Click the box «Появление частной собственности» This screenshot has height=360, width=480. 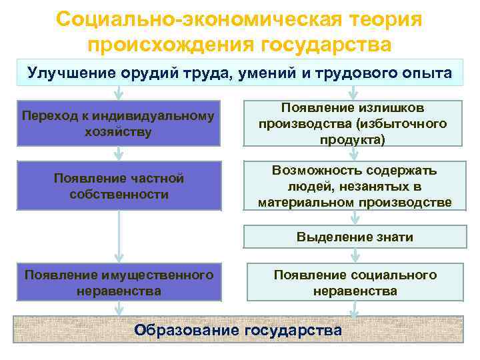point(118,187)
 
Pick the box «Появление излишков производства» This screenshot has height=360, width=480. point(354,123)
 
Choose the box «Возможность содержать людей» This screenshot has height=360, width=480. point(354,187)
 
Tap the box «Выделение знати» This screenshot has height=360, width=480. point(354,237)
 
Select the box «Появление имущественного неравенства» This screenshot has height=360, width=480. point(118,283)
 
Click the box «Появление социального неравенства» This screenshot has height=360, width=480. point(354,283)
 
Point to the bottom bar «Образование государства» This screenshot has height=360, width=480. point(238,329)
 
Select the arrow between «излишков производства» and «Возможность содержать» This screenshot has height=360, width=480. point(355,153)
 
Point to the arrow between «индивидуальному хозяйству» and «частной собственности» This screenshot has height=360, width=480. point(119,153)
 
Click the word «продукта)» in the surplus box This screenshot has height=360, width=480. point(354,139)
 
